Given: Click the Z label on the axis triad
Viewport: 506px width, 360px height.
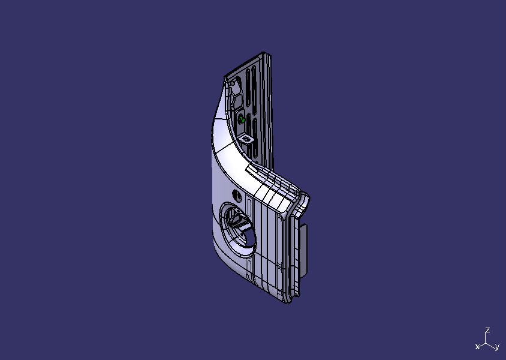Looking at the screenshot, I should click(x=488, y=330).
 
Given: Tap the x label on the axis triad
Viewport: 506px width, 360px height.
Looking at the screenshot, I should click(x=477, y=347).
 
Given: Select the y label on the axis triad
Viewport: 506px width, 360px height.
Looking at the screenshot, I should click(x=497, y=347).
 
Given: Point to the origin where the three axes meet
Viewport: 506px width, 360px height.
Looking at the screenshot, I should click(x=487, y=343).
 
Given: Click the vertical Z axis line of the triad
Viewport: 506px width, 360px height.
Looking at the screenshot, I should click(x=487, y=338).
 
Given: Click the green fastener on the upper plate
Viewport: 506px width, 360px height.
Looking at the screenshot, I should click(x=242, y=120).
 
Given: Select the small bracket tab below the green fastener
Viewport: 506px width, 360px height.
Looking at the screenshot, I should click(x=246, y=139).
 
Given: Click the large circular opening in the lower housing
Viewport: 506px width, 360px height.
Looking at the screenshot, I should click(x=239, y=226).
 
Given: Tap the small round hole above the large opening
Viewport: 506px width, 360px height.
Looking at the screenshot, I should click(x=237, y=195).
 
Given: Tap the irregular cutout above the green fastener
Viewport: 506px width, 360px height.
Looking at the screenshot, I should click(x=236, y=91).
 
